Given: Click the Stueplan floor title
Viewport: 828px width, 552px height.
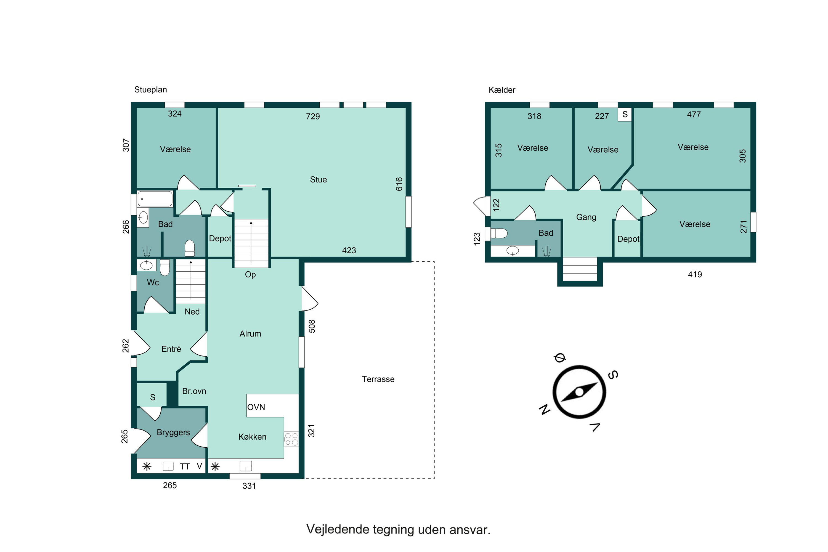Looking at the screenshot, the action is [150, 90].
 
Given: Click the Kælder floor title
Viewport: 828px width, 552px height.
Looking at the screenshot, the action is [502, 90].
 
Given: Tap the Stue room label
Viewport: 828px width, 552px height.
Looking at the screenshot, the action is [318, 180].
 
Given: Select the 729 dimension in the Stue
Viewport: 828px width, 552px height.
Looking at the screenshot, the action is [313, 116].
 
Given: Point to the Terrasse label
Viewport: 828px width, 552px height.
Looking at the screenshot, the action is [378, 379].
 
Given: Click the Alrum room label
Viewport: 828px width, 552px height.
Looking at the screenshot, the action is [250, 334].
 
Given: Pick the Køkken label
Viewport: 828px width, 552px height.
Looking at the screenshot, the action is [253, 437].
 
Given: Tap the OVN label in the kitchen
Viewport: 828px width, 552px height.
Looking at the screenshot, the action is [256, 407].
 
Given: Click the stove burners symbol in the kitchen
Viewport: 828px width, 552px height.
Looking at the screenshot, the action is [291, 439].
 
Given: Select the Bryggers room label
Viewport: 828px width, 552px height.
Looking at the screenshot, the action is [173, 433].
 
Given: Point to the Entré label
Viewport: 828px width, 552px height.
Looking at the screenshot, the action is [171, 349].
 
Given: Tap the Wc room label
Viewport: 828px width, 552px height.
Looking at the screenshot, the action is [153, 282].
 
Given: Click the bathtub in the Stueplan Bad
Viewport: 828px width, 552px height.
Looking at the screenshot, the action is [155, 199].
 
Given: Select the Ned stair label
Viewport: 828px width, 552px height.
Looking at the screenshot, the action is [192, 312].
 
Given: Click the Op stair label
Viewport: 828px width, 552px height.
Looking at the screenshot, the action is [250, 275].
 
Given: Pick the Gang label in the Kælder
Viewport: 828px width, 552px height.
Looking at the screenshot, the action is [586, 217].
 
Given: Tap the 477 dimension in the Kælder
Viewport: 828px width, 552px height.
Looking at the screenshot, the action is [694, 115].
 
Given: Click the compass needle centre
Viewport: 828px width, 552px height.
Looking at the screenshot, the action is [579, 392].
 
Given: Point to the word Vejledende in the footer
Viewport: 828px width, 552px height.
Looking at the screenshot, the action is [338, 529].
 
